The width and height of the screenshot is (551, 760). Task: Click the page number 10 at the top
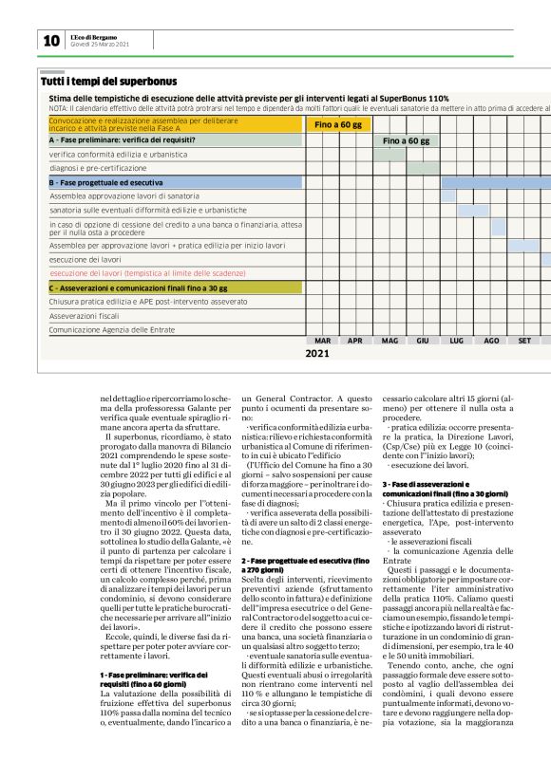pyautogui.click(x=50, y=40)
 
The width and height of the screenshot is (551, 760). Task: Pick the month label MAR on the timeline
pyautogui.click(x=322, y=313)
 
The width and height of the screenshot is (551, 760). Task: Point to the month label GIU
pyautogui.click(x=423, y=313)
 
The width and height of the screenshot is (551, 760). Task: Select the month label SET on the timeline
pyautogui.click(x=524, y=313)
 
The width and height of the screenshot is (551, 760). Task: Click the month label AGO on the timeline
pyautogui.click(x=491, y=313)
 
